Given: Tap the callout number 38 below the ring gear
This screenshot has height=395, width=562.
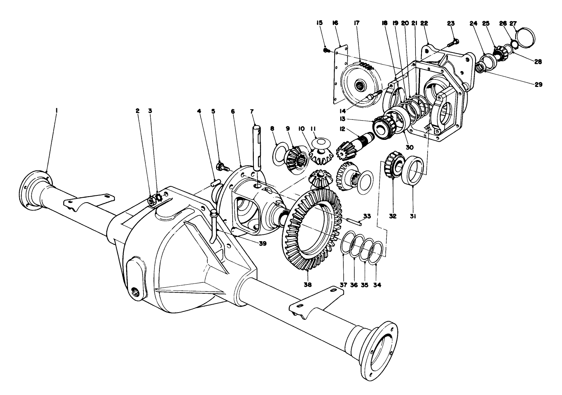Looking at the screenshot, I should point(308,285).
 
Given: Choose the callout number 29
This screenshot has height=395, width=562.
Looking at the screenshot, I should point(538,85).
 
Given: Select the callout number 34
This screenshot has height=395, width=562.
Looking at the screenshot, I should point(377,285).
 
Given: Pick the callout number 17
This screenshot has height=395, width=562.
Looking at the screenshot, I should point(356,23).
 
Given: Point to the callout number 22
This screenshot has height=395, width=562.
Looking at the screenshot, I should point(424,23).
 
